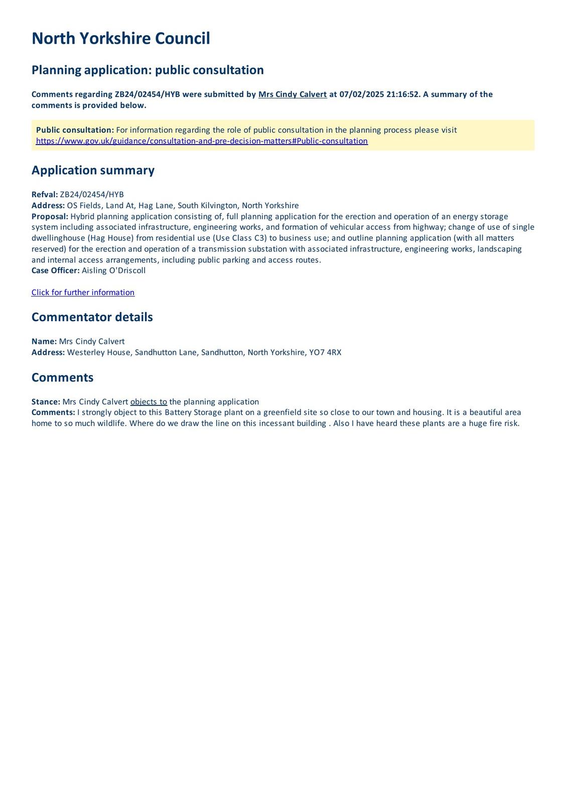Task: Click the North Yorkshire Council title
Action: click(120, 39)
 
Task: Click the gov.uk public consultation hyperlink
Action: click(202, 141)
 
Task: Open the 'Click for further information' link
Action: click(83, 293)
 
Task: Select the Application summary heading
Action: click(93, 170)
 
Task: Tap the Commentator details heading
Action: click(92, 317)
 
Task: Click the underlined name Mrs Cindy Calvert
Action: click(292, 94)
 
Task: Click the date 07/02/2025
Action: click(361, 94)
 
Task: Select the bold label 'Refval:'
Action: click(45, 195)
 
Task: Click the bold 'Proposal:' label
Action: click(50, 216)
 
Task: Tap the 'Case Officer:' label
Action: click(55, 271)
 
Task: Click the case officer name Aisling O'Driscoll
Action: click(113, 271)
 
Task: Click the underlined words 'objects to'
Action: click(149, 402)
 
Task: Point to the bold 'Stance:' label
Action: click(46, 402)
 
